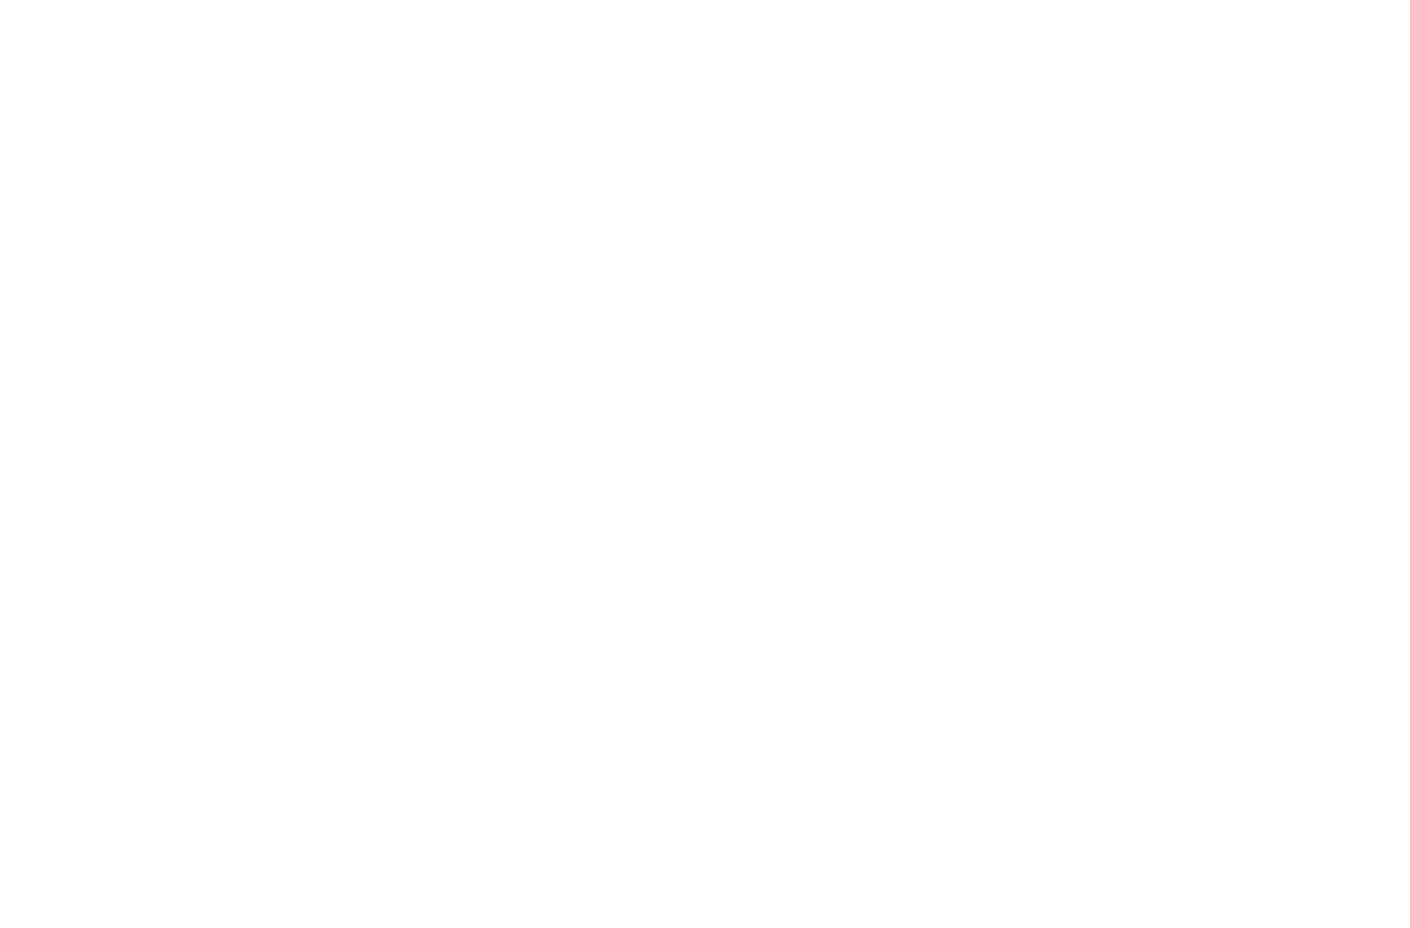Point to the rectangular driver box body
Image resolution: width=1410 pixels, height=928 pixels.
(x=1074, y=384)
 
